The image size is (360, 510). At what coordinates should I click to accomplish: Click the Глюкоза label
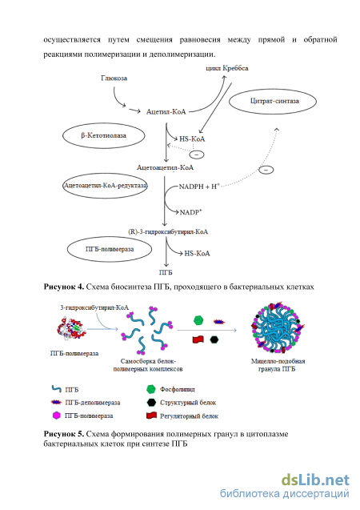pyautogui.click(x=114, y=78)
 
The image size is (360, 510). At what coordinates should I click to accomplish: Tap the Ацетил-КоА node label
pyautogui.click(x=166, y=112)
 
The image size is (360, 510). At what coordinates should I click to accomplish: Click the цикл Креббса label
pyautogui.click(x=227, y=68)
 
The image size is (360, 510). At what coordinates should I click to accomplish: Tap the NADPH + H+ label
pyautogui.click(x=199, y=187)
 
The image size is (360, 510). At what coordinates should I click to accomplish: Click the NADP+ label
pyautogui.click(x=191, y=212)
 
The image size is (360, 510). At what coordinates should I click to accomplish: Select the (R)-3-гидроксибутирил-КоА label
pyautogui.click(x=168, y=232)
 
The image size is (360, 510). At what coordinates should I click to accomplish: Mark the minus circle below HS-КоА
pyautogui.click(x=197, y=155)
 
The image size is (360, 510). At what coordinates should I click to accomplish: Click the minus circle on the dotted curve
pyautogui.click(x=266, y=170)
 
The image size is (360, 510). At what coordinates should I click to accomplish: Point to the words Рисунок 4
pyautogui.click(x=64, y=287)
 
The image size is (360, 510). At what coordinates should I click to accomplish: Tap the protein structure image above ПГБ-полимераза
pyautogui.click(x=71, y=328)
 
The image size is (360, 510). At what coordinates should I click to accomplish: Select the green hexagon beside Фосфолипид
pyautogui.click(x=150, y=389)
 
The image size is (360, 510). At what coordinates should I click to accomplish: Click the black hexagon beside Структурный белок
pyautogui.click(x=151, y=403)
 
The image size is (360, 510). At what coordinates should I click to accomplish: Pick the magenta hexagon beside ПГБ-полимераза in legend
pyautogui.click(x=57, y=416)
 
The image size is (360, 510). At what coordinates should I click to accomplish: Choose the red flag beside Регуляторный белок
pyautogui.click(x=151, y=416)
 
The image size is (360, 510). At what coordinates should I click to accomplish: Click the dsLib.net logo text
pyautogui.click(x=315, y=480)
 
